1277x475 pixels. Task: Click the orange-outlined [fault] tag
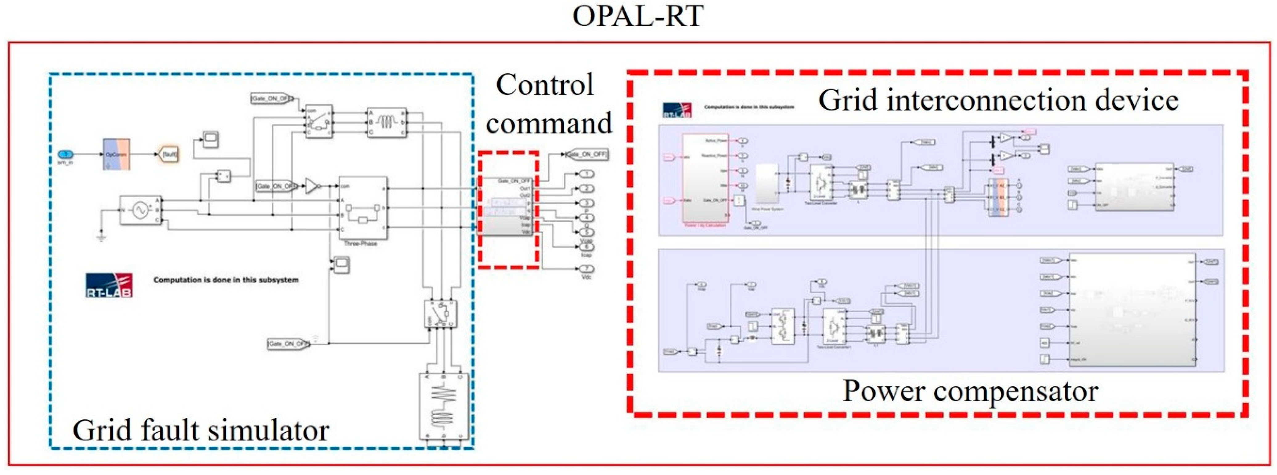click(x=169, y=154)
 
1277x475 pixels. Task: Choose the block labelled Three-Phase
click(x=362, y=209)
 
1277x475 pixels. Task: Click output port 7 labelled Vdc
click(x=586, y=269)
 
